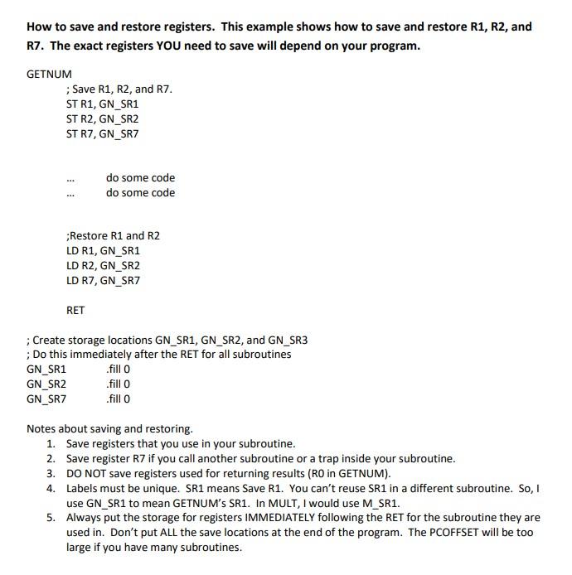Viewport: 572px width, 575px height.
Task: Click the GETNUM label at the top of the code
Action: tap(49, 74)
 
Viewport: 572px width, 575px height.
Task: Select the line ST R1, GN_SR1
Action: tap(102, 104)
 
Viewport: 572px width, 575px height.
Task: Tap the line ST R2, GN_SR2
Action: tap(102, 118)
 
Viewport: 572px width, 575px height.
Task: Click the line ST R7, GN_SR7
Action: tap(102, 133)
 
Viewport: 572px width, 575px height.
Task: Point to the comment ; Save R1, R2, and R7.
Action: tap(119, 89)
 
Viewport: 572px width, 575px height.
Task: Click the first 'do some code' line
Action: tap(140, 177)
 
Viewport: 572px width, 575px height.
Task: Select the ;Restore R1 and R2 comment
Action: tap(113, 235)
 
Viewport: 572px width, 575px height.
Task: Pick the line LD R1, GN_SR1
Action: tap(103, 250)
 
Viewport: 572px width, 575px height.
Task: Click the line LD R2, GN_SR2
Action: tap(103, 265)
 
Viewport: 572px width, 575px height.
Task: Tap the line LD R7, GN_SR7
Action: tap(103, 280)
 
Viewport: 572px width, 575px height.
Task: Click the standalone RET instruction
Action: tap(75, 310)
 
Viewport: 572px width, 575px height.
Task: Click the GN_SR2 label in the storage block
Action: tap(46, 384)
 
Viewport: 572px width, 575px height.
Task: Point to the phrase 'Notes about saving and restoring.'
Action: tap(109, 428)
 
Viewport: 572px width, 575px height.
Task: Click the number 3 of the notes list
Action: tap(51, 473)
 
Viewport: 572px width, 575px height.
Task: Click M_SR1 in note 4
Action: tap(384, 503)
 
